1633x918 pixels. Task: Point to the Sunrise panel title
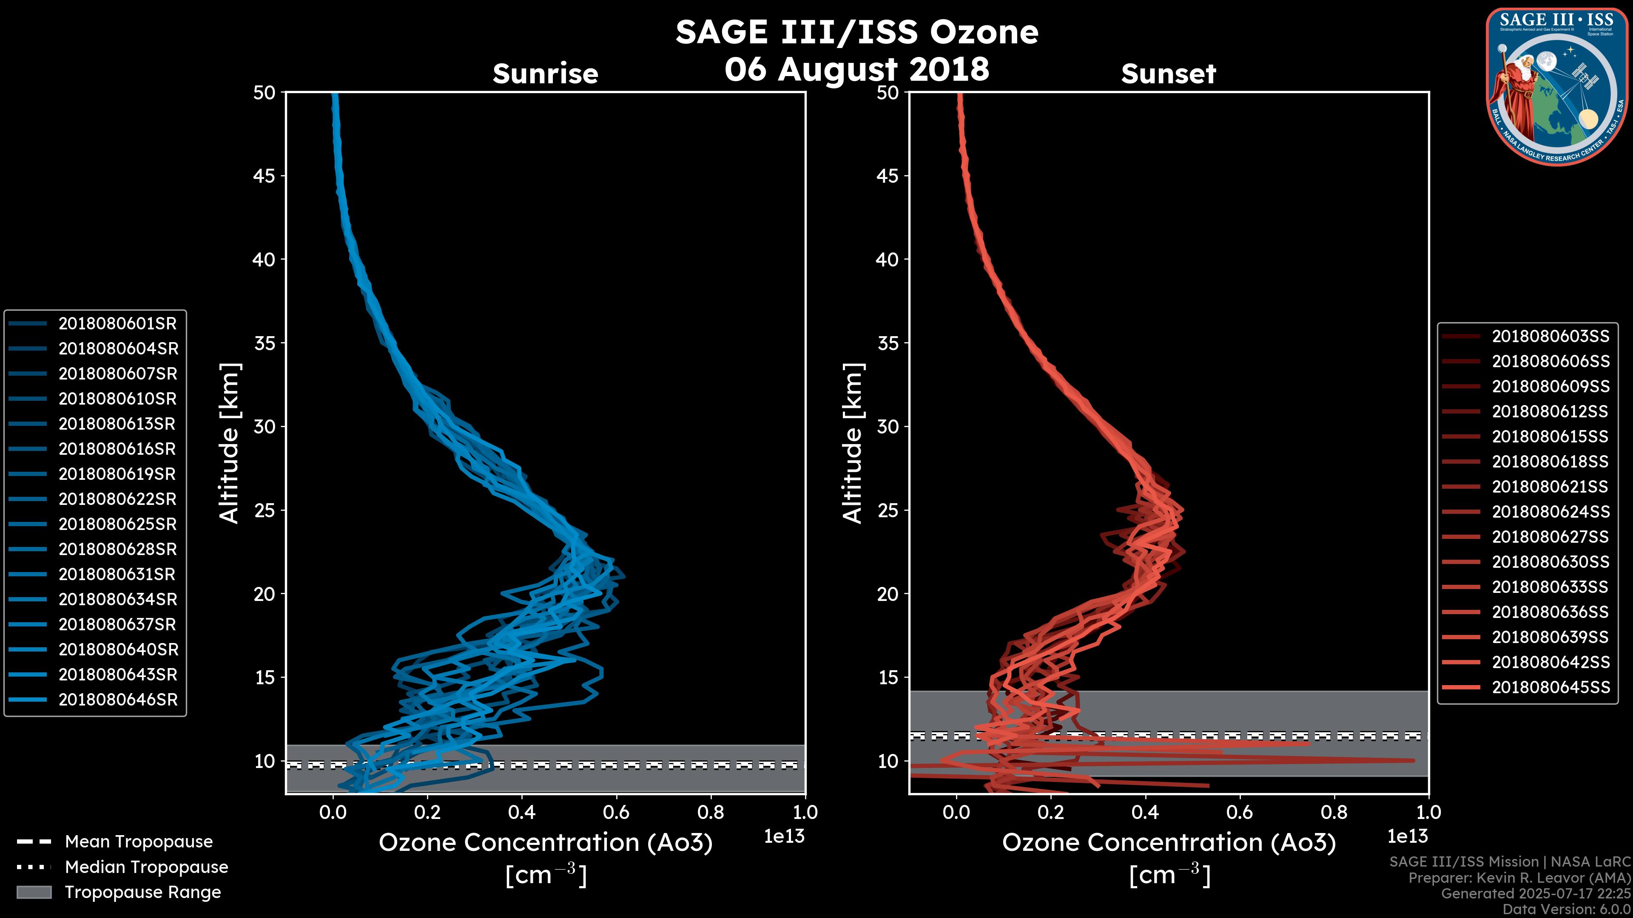tap(545, 74)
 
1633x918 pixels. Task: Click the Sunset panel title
tap(1168, 74)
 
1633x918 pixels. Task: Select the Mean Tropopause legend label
tap(139, 842)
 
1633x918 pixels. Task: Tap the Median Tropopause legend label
tap(146, 867)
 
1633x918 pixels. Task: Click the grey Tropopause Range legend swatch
tap(34, 892)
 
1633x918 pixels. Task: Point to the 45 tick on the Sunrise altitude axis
tap(265, 176)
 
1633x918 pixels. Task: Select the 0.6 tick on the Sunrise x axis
tap(616, 812)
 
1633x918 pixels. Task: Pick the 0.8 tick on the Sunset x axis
tap(1334, 812)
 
